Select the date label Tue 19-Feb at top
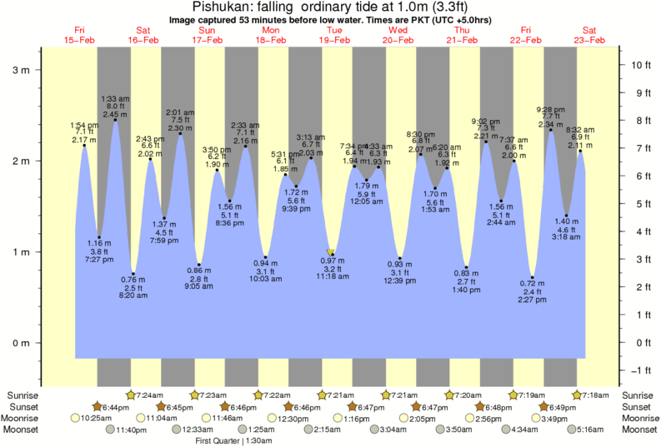coord(335,35)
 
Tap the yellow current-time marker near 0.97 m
coord(331,252)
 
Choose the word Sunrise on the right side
coord(638,395)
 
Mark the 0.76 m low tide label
coord(133,280)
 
